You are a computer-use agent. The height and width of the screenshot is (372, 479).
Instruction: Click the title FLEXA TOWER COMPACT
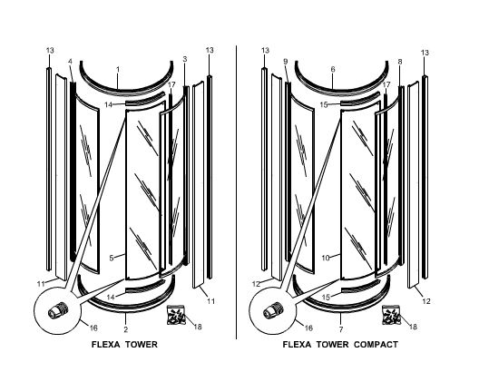340,345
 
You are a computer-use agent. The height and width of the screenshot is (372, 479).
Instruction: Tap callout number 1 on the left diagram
118,70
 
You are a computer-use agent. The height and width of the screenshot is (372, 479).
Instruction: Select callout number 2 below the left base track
125,329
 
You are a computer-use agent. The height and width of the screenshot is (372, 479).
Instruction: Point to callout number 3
185,59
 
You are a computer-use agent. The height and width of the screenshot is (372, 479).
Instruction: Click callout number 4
70,62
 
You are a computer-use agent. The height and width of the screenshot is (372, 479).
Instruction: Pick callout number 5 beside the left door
112,258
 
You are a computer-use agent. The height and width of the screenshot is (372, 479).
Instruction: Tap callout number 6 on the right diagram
333,69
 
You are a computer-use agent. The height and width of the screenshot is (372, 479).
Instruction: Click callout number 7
341,329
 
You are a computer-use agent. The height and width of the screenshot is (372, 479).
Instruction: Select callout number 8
400,62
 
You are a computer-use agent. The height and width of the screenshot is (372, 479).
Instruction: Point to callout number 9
286,62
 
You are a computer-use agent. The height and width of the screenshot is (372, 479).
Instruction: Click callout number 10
326,258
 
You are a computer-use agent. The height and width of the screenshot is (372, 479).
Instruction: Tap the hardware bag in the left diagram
176,315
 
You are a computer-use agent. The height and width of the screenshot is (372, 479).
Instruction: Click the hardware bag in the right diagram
391,315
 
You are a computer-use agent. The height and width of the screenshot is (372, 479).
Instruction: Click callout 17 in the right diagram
386,84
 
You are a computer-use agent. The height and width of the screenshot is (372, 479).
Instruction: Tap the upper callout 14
109,104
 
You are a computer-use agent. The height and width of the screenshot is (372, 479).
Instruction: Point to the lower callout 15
327,297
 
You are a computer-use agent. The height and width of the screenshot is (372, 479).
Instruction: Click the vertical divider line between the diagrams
237,192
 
